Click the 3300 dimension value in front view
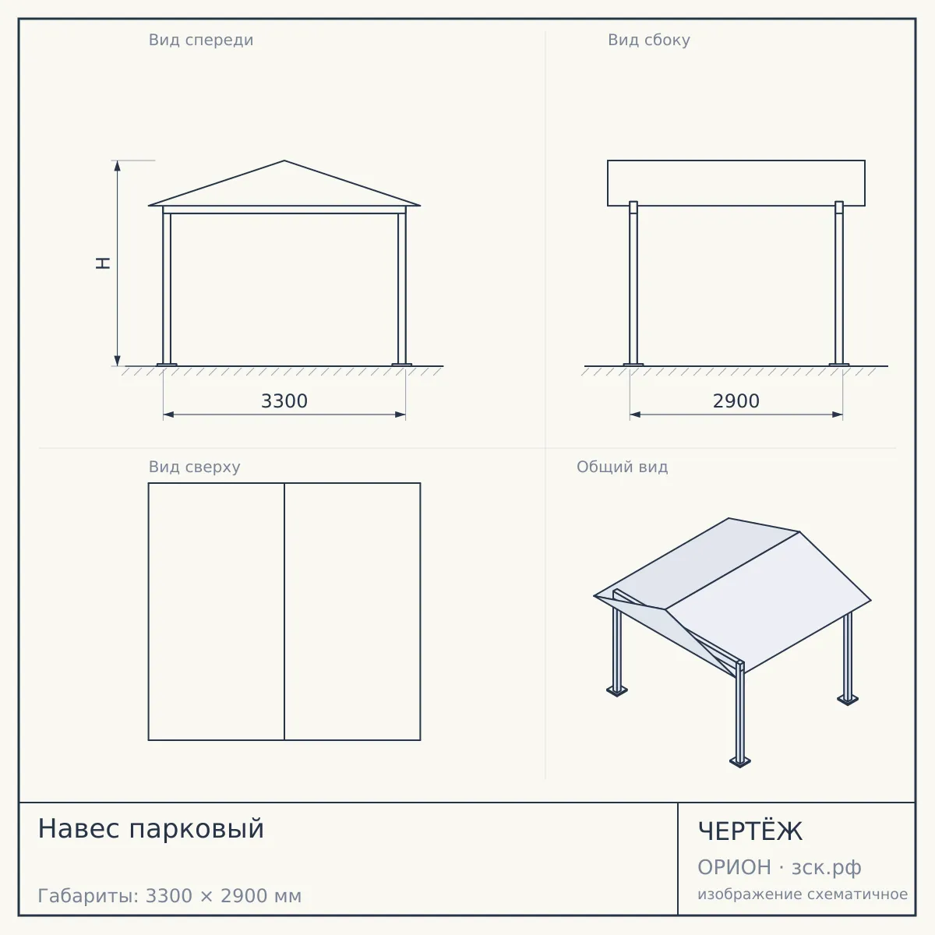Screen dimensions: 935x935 pyautogui.click(x=284, y=401)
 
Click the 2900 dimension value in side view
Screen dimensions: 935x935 pyautogui.click(x=736, y=401)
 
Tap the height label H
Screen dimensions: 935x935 pyautogui.click(x=103, y=263)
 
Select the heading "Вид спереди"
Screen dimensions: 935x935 pyautogui.click(x=201, y=40)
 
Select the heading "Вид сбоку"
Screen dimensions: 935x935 pyautogui.click(x=649, y=40)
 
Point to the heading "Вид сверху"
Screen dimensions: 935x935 pyautogui.click(x=195, y=467)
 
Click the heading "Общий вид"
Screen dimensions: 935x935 pyautogui.click(x=622, y=467)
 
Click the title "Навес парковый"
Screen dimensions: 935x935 pyautogui.click(x=151, y=829)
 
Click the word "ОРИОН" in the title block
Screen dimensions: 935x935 pyautogui.click(x=734, y=867)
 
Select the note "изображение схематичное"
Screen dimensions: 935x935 pyautogui.click(x=803, y=894)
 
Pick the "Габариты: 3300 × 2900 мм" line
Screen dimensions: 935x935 pyautogui.click(x=170, y=896)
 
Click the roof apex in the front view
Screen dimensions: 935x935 pyautogui.click(x=284, y=161)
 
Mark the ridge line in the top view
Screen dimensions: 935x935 pyautogui.click(x=284, y=612)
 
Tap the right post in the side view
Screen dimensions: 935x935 pyautogui.click(x=839, y=284)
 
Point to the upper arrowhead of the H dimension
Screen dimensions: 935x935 pyautogui.click(x=117, y=166)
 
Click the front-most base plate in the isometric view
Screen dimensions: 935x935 pyautogui.click(x=740, y=762)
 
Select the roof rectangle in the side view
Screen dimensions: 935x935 pyautogui.click(x=736, y=183)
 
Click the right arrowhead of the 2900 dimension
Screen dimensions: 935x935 pyautogui.click(x=837, y=415)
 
